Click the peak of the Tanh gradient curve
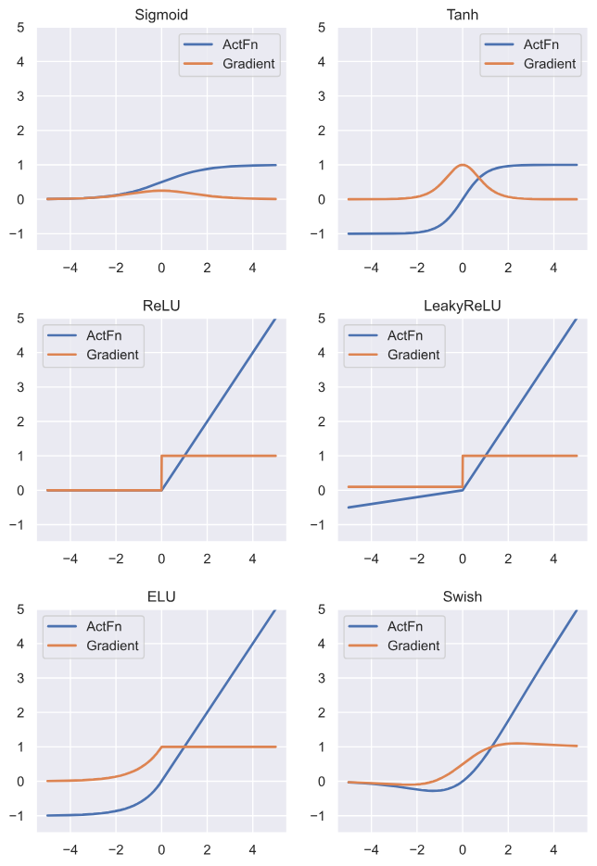[463, 165]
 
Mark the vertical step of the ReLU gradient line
[161, 472]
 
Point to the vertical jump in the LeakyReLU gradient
[463, 471]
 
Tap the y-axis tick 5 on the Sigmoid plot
[20, 28]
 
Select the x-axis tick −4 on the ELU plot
[70, 847]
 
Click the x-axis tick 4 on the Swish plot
[553, 847]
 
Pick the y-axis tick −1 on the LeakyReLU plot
[317, 525]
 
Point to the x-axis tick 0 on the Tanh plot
[463, 267]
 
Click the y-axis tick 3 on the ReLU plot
[20, 387]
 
